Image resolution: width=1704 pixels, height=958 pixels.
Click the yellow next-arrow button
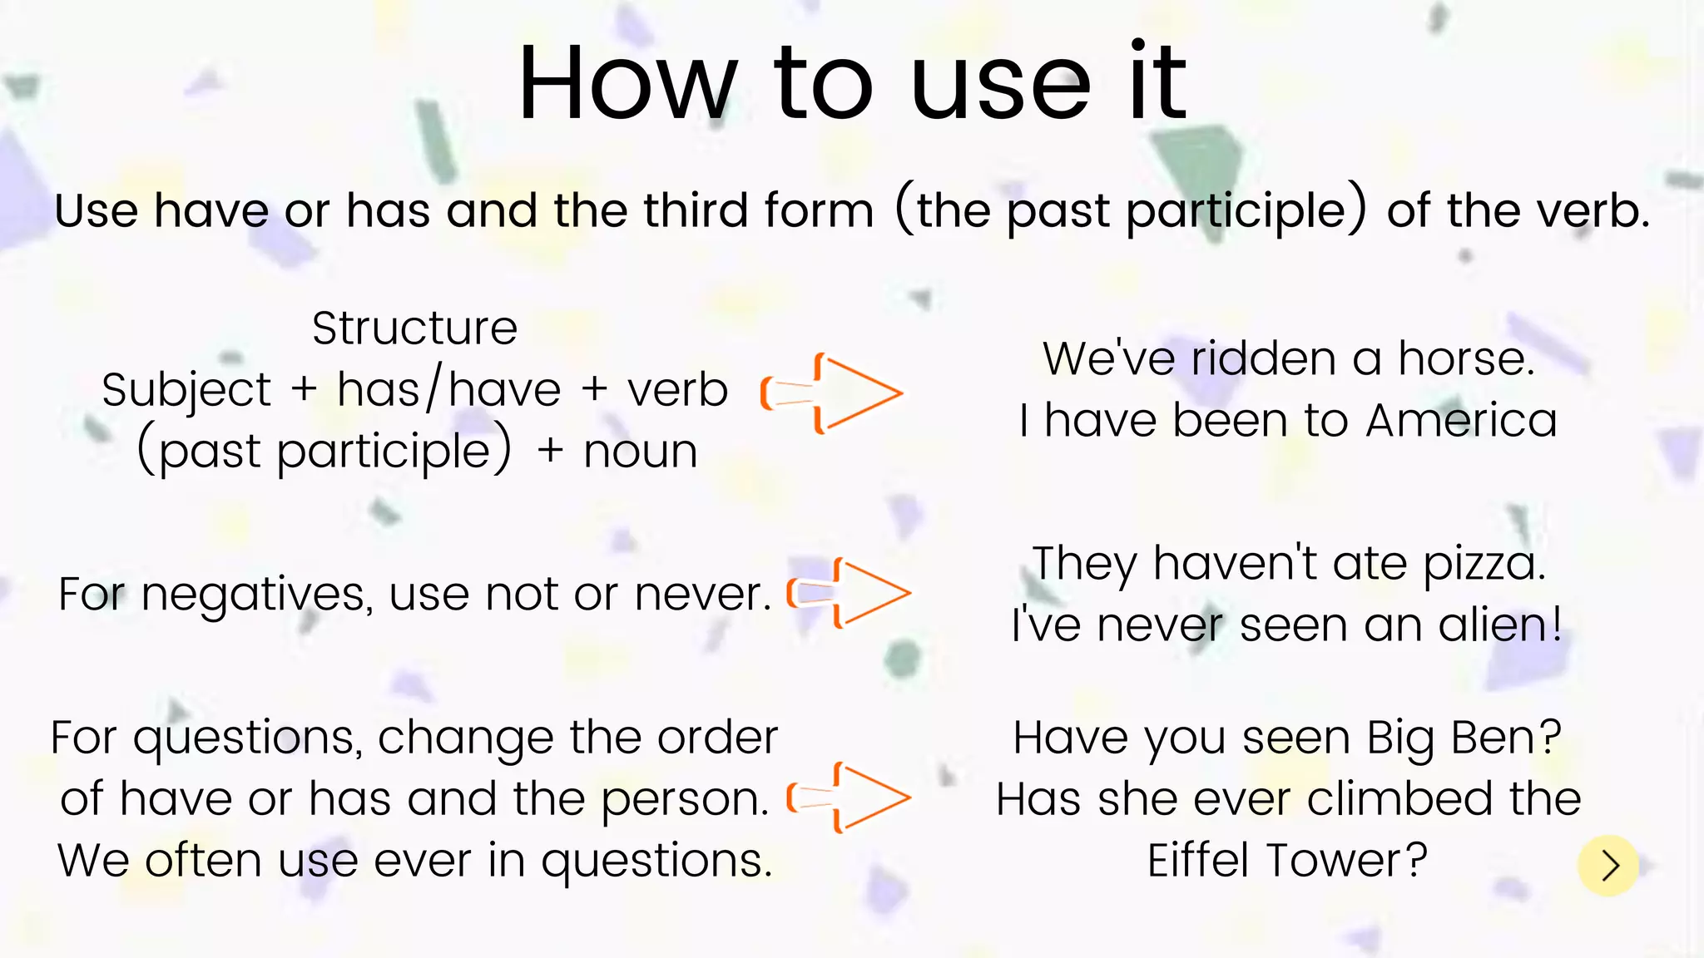[x=1607, y=866]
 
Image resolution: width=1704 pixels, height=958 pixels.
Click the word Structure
[x=414, y=328]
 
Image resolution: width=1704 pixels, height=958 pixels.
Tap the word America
[x=1461, y=421]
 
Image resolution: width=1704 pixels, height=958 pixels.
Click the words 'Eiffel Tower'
[x=1286, y=861]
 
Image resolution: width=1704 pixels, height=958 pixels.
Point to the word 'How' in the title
[x=627, y=84]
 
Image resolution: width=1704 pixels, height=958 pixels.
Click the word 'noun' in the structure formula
[x=640, y=452]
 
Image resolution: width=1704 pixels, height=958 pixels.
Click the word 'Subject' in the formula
[x=186, y=390]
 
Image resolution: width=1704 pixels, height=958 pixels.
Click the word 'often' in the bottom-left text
[x=203, y=861]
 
